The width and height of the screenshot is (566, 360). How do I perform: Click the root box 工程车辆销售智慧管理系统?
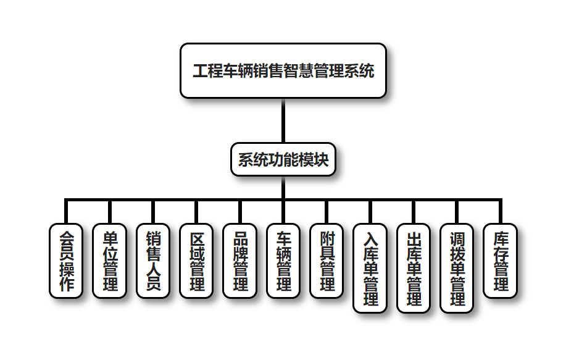(283, 70)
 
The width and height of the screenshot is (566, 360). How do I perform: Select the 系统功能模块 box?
(283, 159)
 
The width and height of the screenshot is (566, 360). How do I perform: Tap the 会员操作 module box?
(65, 261)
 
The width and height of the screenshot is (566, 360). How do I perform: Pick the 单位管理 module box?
(109, 261)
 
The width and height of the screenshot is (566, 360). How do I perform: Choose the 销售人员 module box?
(152, 261)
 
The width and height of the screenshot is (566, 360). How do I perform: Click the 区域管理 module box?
(196, 261)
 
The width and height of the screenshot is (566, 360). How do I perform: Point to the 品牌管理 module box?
(239, 261)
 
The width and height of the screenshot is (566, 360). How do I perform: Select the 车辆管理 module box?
(283, 261)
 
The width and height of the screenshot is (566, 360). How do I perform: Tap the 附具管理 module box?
(327, 261)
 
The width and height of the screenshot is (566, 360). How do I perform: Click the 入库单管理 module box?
(370, 268)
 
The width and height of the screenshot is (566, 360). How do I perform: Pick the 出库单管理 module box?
(414, 268)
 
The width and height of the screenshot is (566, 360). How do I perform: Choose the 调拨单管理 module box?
(457, 268)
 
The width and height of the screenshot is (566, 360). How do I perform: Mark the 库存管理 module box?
(501, 261)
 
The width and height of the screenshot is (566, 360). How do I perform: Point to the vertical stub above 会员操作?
(65, 212)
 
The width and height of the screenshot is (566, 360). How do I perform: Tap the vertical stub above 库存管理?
(501, 212)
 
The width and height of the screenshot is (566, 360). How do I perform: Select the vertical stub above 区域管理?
(196, 212)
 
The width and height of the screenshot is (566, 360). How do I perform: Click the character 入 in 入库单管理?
(370, 238)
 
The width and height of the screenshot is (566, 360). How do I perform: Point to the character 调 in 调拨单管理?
(457, 238)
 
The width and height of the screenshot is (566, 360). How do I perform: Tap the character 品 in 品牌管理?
(239, 238)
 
